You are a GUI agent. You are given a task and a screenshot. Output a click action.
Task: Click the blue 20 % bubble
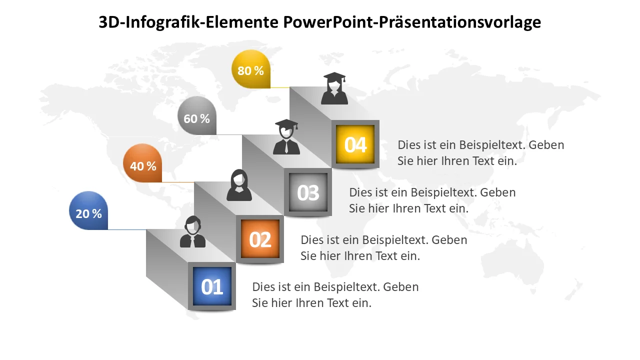88,210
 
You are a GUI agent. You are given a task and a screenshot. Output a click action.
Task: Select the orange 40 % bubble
142,163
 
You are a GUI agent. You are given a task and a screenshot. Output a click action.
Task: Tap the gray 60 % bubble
197,115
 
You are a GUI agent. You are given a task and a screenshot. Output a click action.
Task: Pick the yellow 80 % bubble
251,69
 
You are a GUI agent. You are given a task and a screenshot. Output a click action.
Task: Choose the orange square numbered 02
260,239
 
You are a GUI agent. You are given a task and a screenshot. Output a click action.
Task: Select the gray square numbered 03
308,192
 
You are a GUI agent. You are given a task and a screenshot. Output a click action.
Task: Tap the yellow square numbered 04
355,144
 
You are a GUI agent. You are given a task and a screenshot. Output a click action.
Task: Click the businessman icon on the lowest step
193,231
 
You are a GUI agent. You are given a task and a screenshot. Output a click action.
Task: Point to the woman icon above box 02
239,185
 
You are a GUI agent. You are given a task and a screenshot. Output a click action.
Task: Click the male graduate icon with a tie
286,137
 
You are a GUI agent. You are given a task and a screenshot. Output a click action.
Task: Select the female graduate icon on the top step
334,88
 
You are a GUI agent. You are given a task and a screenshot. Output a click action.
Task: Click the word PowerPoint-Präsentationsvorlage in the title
412,22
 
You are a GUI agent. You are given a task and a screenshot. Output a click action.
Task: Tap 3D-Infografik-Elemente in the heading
188,22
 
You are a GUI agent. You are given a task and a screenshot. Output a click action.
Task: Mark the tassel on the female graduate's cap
344,79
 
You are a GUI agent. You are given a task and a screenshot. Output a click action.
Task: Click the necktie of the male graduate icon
286,147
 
